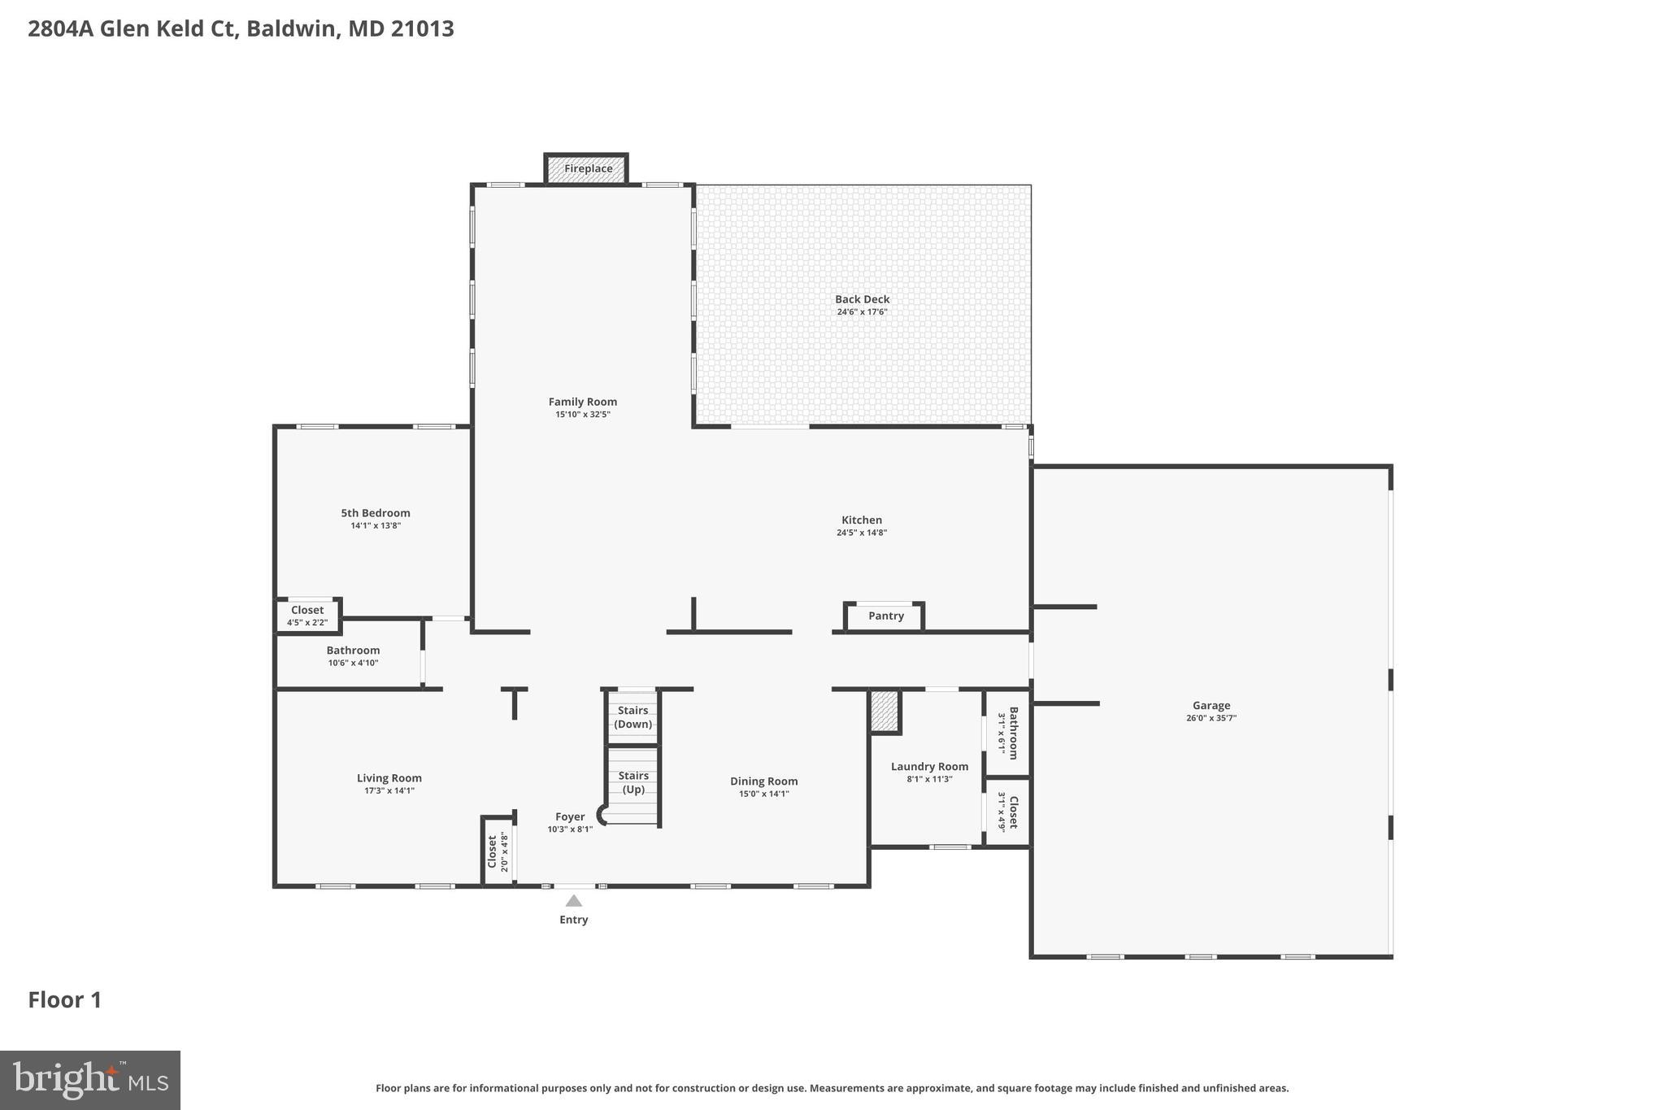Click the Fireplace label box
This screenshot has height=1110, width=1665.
click(587, 169)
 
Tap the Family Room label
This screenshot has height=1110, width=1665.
click(582, 402)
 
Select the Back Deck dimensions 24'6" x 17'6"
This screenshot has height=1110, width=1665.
click(862, 312)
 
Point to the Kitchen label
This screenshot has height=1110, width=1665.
click(861, 520)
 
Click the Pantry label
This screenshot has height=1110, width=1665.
click(885, 616)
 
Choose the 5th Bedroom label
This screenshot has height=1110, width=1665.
click(375, 513)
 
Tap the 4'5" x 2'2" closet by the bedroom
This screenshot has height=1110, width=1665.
click(307, 616)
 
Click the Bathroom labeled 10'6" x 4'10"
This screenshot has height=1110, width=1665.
click(353, 655)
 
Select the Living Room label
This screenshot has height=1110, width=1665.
click(389, 778)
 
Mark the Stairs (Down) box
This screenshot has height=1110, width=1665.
click(633, 717)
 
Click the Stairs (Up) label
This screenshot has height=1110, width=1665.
click(633, 782)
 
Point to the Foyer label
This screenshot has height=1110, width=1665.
click(569, 817)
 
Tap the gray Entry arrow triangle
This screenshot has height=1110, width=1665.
click(573, 901)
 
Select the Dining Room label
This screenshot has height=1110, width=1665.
click(763, 781)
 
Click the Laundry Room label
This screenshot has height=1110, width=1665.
click(929, 767)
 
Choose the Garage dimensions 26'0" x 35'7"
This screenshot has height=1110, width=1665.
click(1211, 718)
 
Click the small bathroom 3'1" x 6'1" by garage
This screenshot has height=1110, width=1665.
click(1008, 733)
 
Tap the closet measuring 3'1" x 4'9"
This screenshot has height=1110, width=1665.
click(1008, 812)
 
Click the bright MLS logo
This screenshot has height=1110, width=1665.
click(90, 1080)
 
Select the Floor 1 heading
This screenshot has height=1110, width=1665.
click(65, 1000)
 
